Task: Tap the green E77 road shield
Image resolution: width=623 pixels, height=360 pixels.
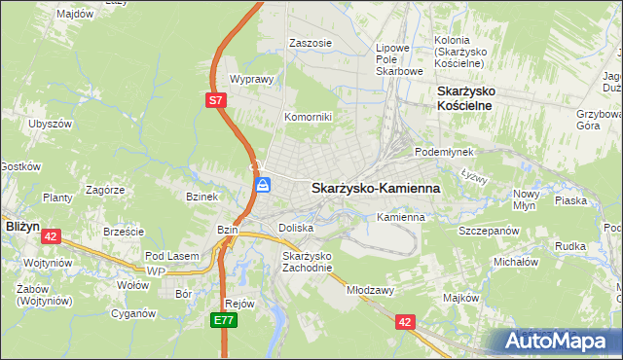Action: click(225, 318)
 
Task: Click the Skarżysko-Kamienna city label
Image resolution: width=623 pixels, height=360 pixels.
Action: click(375, 188)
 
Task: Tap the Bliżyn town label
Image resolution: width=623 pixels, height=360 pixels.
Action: click(21, 225)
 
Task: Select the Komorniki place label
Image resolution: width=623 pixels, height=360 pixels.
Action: click(308, 117)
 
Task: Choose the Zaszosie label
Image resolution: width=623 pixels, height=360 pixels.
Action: click(311, 43)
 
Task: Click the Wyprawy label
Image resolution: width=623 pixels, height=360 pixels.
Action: click(249, 80)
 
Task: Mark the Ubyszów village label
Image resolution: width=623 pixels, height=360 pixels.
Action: click(52, 125)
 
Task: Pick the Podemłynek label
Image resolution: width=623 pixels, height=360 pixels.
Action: click(443, 153)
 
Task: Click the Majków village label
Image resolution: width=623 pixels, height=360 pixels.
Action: click(460, 298)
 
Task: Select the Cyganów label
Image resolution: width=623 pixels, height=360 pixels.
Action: click(134, 313)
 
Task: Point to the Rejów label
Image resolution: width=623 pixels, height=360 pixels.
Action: click(239, 303)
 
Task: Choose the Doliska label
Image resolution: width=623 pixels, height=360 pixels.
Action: click(296, 228)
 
